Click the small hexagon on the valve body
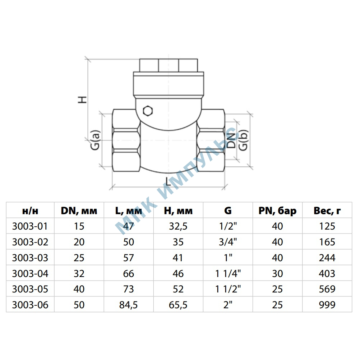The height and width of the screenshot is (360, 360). click(x=148, y=111)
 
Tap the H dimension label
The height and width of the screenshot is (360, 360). click(x=82, y=100)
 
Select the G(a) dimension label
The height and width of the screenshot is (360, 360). click(x=95, y=140)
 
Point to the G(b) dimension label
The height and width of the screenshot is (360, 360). click(x=243, y=140)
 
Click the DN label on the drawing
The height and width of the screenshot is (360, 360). click(x=231, y=140)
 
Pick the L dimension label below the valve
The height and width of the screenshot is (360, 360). click(x=168, y=181)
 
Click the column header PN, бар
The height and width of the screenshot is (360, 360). click(x=277, y=211)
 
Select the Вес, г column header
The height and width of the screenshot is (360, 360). click(x=327, y=211)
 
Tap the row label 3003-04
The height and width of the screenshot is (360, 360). click(x=30, y=273)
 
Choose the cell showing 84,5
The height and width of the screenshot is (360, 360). click(x=128, y=305)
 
